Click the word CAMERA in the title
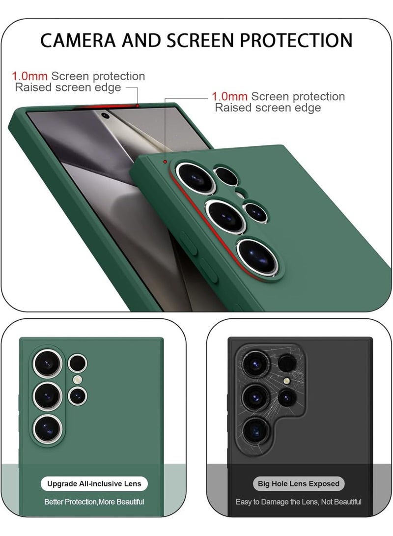pyautogui.click(x=78, y=40)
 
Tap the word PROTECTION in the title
pyautogui.click(x=296, y=40)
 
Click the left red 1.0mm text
pyautogui.click(x=30, y=76)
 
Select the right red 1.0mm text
pyautogui.click(x=229, y=96)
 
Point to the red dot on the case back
pyautogui.click(x=165, y=162)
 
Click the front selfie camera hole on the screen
pyautogui.click(x=105, y=116)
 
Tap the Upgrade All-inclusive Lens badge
pyautogui.click(x=94, y=484)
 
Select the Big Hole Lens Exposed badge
pyautogui.click(x=299, y=484)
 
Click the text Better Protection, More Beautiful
pyautogui.click(x=94, y=502)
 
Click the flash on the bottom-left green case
pyautogui.click(x=78, y=379)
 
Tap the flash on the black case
pyautogui.click(x=287, y=381)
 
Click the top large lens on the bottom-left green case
pyautogui.click(x=48, y=364)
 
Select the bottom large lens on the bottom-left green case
pyautogui.click(x=48, y=429)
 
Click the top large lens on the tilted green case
pyautogui.click(x=196, y=178)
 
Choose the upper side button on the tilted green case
pyautogui.click(x=189, y=243)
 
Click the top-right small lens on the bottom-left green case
pyautogui.click(x=78, y=363)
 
